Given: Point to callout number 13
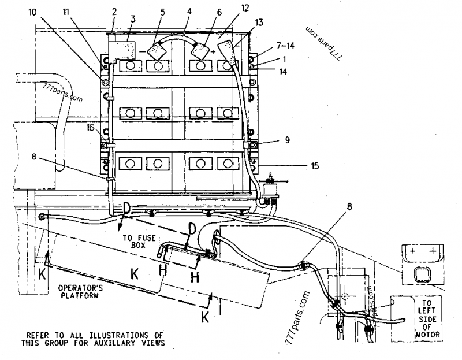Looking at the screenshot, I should (x=258, y=23).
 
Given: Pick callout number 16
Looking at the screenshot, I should (x=90, y=127).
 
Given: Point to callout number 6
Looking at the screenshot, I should (x=203, y=12).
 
